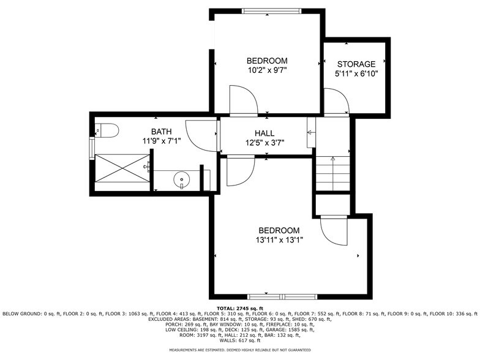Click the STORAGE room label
[356, 64]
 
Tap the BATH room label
[162, 132]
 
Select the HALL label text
[264, 133]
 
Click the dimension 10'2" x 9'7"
[267, 70]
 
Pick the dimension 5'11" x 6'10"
[356, 73]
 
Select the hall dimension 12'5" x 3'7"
[264, 143]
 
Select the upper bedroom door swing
[243, 100]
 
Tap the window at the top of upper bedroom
[271, 10]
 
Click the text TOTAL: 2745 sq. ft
[240, 308]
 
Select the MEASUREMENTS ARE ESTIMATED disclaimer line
[240, 350]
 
